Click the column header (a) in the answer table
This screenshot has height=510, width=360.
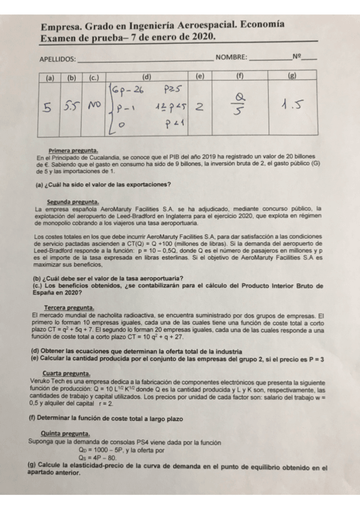click(x=49, y=78)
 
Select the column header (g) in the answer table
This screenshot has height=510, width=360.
click(x=292, y=78)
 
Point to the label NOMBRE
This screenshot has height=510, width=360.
click(x=231, y=58)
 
